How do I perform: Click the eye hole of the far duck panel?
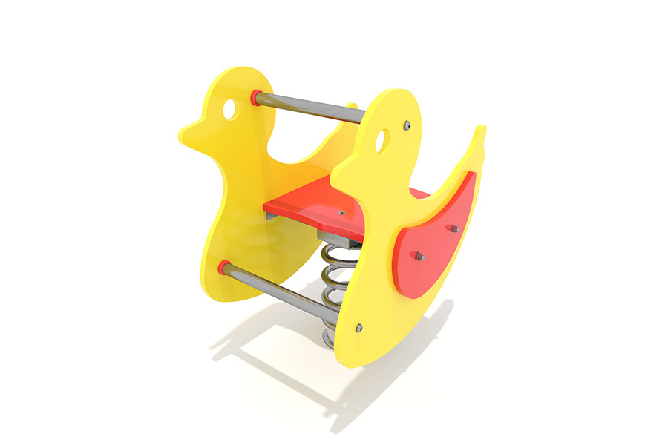point(230,109)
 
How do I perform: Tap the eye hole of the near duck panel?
point(382,139)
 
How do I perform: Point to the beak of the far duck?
point(187,133)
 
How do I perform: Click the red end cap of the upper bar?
point(256,97)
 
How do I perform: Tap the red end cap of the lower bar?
point(223,266)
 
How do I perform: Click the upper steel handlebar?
point(312,108)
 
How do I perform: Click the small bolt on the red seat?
point(341,212)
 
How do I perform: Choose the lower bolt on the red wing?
point(418,257)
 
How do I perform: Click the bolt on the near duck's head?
point(407,126)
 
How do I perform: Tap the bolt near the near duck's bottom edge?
point(359,327)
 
